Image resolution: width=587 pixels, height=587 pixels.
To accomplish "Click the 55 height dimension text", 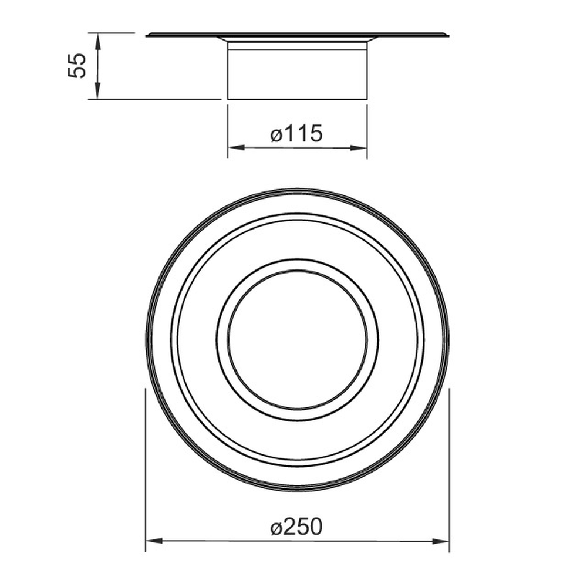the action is [77, 66].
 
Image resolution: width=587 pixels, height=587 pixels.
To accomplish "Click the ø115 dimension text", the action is [296, 133].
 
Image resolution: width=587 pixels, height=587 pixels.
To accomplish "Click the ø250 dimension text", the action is [296, 527].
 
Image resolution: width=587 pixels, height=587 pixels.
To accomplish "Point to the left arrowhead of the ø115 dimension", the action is [236, 147].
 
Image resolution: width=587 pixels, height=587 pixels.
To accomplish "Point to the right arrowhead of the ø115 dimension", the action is [359, 147].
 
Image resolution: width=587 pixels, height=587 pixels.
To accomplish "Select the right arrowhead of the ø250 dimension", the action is [441, 541].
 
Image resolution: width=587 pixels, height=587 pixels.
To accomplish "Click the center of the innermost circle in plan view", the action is [298, 339].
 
